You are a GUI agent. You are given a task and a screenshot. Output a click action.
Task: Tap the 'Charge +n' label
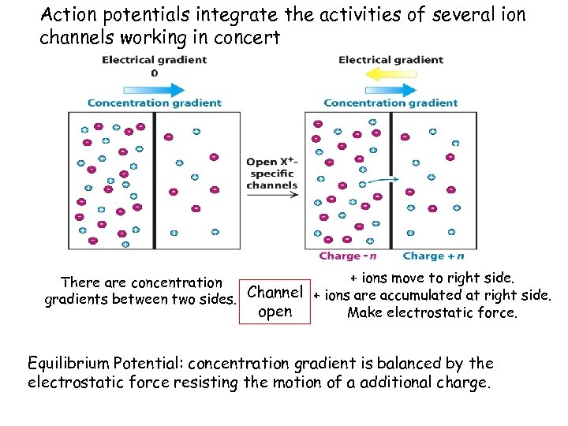tap(433, 256)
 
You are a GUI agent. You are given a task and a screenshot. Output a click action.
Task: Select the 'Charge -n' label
tap(348, 256)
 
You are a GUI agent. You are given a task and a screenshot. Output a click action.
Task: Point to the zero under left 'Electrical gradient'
tap(154, 73)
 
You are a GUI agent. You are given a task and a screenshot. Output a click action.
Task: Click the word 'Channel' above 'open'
tap(275, 293)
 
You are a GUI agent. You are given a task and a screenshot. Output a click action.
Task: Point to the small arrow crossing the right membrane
tap(384, 181)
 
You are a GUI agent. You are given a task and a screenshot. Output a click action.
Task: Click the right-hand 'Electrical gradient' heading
tap(390, 60)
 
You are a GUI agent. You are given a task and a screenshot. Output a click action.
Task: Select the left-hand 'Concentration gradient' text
tap(154, 103)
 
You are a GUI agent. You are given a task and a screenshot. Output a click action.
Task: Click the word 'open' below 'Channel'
tap(275, 311)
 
